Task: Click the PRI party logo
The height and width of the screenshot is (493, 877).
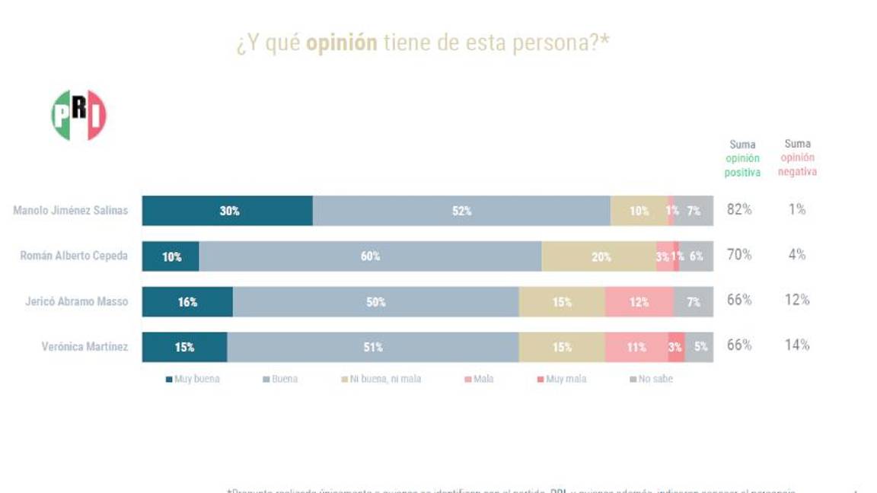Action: (x=78, y=115)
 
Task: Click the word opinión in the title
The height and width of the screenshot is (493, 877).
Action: (x=341, y=43)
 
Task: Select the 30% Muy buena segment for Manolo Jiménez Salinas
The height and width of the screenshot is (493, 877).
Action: (x=228, y=211)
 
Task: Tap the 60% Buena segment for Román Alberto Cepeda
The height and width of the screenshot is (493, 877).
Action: (x=370, y=256)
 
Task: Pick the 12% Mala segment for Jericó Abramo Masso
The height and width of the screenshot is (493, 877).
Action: (x=639, y=302)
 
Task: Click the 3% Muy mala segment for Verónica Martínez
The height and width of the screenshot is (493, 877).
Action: (x=675, y=347)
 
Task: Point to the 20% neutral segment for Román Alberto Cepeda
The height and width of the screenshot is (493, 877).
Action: (x=600, y=256)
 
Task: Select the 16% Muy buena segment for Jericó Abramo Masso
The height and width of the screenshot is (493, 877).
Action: (x=187, y=302)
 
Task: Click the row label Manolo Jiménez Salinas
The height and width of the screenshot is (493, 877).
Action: (x=70, y=210)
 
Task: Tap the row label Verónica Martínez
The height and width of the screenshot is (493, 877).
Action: (x=85, y=347)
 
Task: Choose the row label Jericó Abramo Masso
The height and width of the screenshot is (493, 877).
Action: (x=76, y=301)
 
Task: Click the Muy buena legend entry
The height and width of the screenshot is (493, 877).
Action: (x=193, y=379)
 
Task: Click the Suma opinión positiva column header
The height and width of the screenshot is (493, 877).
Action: (x=742, y=158)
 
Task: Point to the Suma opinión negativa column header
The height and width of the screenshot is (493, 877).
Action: (x=797, y=157)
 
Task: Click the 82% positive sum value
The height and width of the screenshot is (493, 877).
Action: (x=739, y=209)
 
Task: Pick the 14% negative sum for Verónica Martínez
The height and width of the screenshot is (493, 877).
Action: (x=797, y=345)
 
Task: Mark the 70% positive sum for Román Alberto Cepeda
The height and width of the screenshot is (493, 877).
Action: (x=739, y=255)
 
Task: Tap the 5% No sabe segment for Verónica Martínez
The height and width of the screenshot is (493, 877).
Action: (x=700, y=347)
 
